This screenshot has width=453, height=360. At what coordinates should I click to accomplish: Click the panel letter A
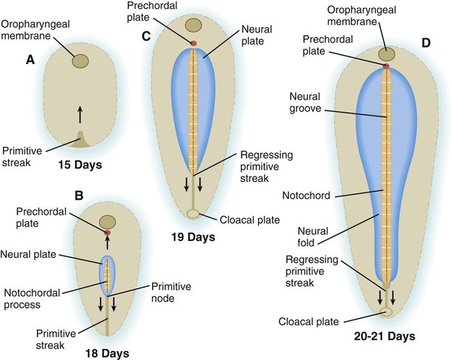(x=30, y=61)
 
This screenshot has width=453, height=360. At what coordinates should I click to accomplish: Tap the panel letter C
(x=146, y=36)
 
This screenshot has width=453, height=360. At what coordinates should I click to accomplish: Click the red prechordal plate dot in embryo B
(x=108, y=233)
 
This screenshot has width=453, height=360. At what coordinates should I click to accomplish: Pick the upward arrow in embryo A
(x=80, y=113)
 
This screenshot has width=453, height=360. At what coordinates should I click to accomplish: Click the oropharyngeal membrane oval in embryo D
(x=386, y=54)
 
